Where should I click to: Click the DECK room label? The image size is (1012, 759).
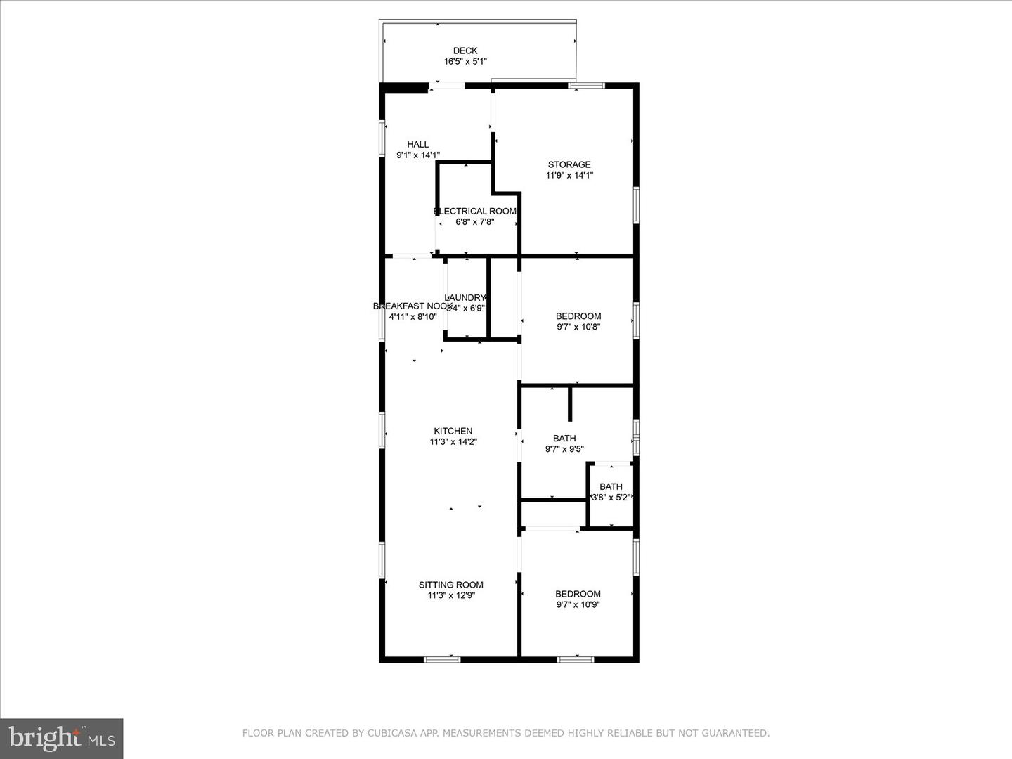(x=465, y=51)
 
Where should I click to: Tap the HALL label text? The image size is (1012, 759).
(x=418, y=144)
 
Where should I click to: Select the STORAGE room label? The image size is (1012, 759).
(x=569, y=164)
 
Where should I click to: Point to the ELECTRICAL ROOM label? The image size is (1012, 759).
(x=476, y=211)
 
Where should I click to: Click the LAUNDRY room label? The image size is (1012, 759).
(x=466, y=297)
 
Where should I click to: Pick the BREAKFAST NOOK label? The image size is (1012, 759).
(x=412, y=306)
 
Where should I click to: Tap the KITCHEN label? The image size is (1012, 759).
(x=453, y=431)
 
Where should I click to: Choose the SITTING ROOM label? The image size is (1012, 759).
(x=451, y=585)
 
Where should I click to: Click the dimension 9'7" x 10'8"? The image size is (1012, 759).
(x=578, y=327)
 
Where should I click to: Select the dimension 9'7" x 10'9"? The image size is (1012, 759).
(x=578, y=604)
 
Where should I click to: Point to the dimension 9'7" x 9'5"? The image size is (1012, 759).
(x=564, y=449)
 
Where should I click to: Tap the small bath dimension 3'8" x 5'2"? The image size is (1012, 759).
(x=611, y=497)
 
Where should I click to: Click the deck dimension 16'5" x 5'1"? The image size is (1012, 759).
(x=465, y=62)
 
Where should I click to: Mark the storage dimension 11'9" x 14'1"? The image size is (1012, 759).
(x=569, y=176)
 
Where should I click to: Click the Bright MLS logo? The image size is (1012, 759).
(x=62, y=738)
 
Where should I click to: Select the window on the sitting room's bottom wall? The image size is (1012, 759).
(x=442, y=659)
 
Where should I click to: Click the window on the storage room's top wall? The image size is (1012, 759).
(x=586, y=86)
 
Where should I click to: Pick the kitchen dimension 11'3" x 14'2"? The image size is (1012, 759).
(x=453, y=442)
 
